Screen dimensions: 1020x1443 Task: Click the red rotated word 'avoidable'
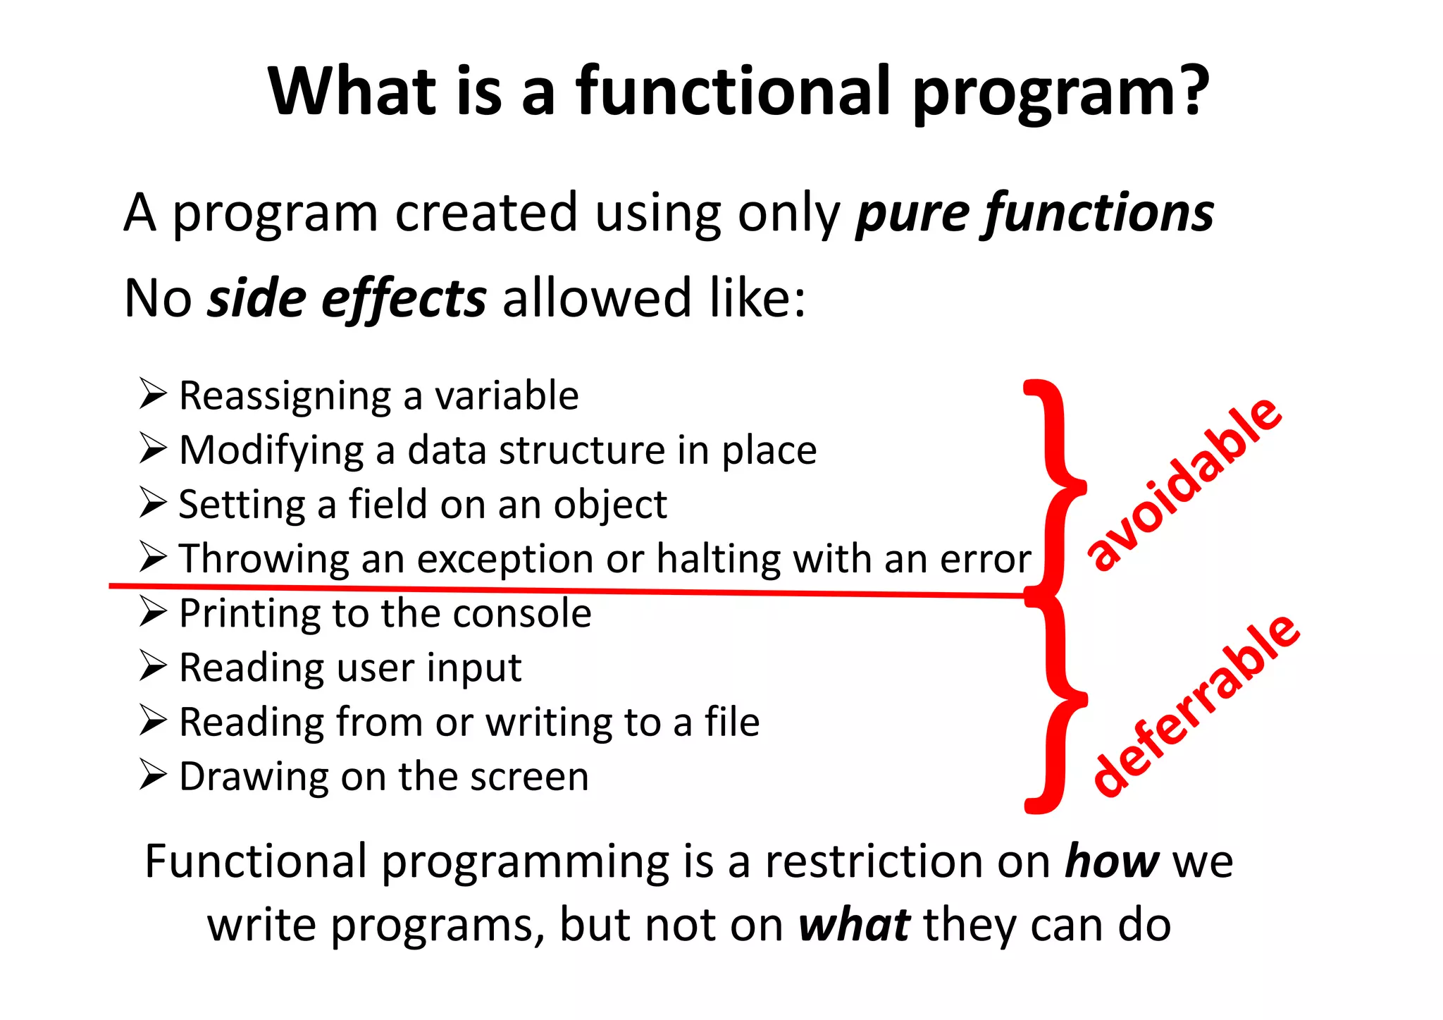[x=1184, y=484]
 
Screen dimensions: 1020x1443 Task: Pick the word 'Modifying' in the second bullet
[x=271, y=450]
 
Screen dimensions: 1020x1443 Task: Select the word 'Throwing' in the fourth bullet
[x=264, y=559]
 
